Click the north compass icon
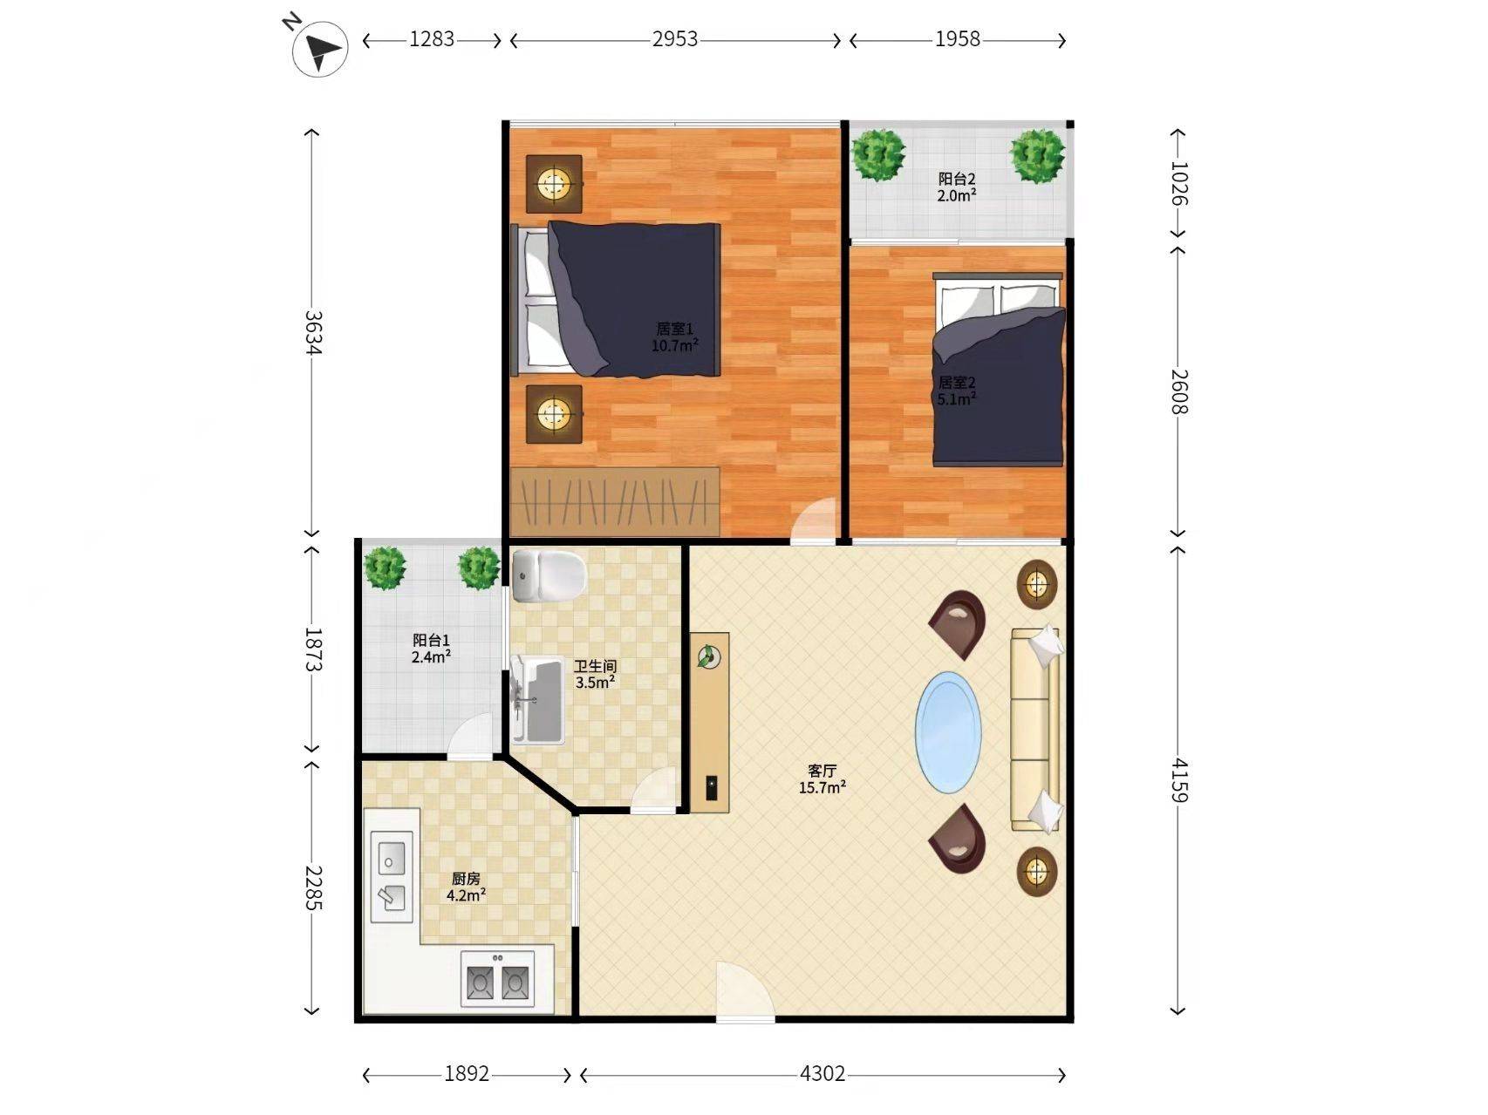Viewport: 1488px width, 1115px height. [319, 48]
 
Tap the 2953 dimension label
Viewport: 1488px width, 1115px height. [675, 39]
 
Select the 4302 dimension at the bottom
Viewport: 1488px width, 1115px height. [822, 1074]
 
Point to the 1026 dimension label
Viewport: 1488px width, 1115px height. [1179, 183]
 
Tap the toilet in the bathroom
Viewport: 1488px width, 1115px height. [549, 576]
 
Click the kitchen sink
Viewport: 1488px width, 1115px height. [392, 876]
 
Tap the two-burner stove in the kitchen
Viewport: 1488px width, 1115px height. [496, 979]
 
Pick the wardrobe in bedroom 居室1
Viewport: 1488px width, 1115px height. [615, 502]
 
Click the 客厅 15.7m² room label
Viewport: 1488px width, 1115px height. [822, 779]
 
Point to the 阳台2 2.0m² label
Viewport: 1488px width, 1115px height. [957, 187]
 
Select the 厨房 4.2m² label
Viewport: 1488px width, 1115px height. [466, 887]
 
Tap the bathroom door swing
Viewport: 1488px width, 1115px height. [654, 791]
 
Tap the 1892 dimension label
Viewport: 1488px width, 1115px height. [467, 1074]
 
